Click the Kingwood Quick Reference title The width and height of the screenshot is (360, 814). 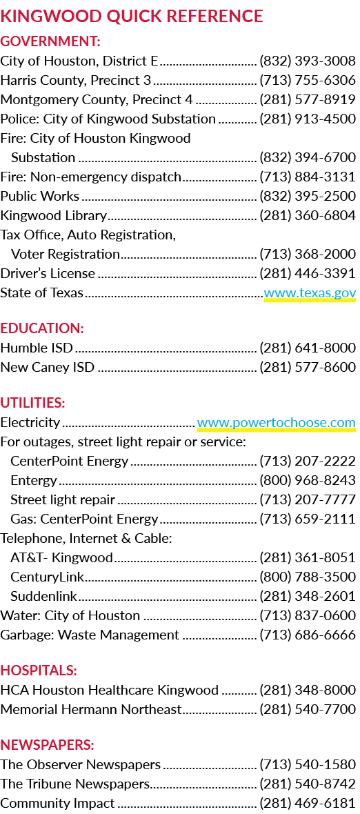[132, 16]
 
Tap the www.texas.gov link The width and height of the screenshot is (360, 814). [310, 292]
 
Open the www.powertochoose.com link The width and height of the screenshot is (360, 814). [277, 423]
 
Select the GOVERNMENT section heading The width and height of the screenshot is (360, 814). [50, 41]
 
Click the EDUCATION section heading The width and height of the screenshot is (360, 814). [42, 328]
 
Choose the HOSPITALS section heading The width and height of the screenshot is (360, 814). [39, 671]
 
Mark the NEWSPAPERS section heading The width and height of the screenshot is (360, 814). [47, 745]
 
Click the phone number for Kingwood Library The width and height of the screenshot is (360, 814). [308, 215]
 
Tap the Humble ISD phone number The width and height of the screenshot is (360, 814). [308, 348]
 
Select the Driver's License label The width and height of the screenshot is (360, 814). [48, 274]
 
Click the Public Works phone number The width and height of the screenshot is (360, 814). [308, 196]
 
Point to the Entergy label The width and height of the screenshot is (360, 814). [34, 481]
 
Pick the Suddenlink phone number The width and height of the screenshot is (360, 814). [308, 596]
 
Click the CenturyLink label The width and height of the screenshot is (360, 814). [48, 577]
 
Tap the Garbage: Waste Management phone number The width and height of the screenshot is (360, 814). [308, 635]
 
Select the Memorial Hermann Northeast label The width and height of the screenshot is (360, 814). [91, 709]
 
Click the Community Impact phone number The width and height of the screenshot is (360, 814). [308, 803]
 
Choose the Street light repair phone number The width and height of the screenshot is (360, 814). [308, 500]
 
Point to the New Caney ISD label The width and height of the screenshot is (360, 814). [47, 368]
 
